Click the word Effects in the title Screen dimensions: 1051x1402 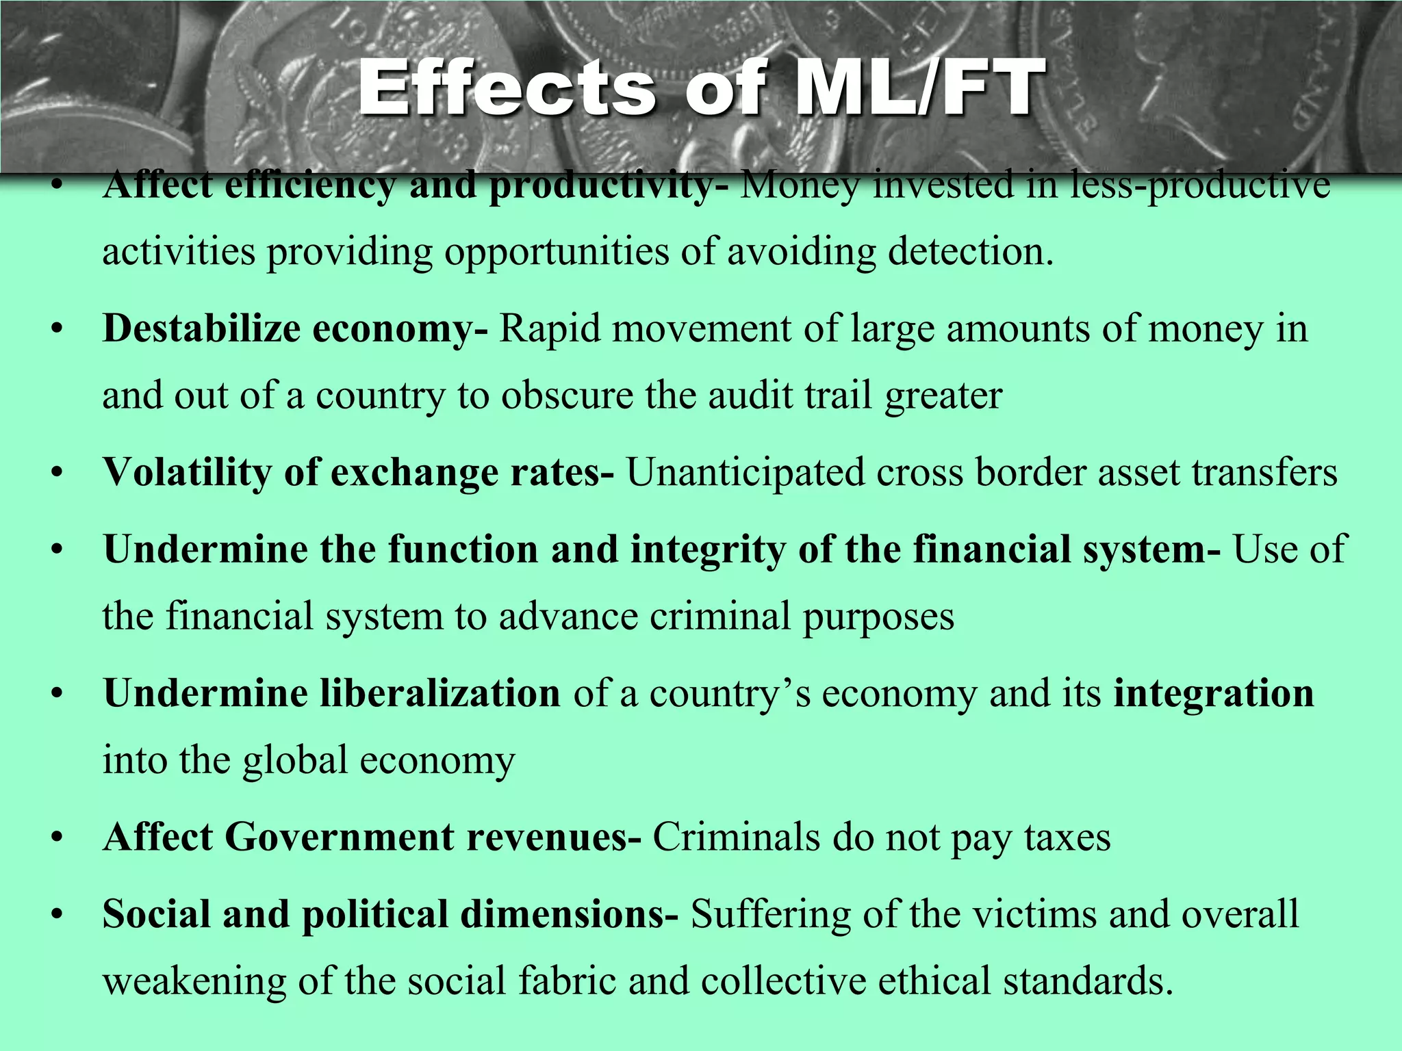tap(507, 88)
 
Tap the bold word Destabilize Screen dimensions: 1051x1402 tap(201, 329)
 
